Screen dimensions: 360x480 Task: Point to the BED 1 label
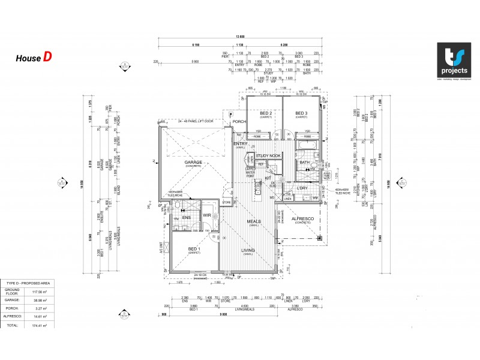[194, 249]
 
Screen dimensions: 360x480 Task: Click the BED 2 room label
[266, 113]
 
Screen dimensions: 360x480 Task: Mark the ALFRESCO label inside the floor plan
[301, 219]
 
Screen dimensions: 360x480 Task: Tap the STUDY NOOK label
[268, 156]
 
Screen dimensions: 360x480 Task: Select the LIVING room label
[248, 250]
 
